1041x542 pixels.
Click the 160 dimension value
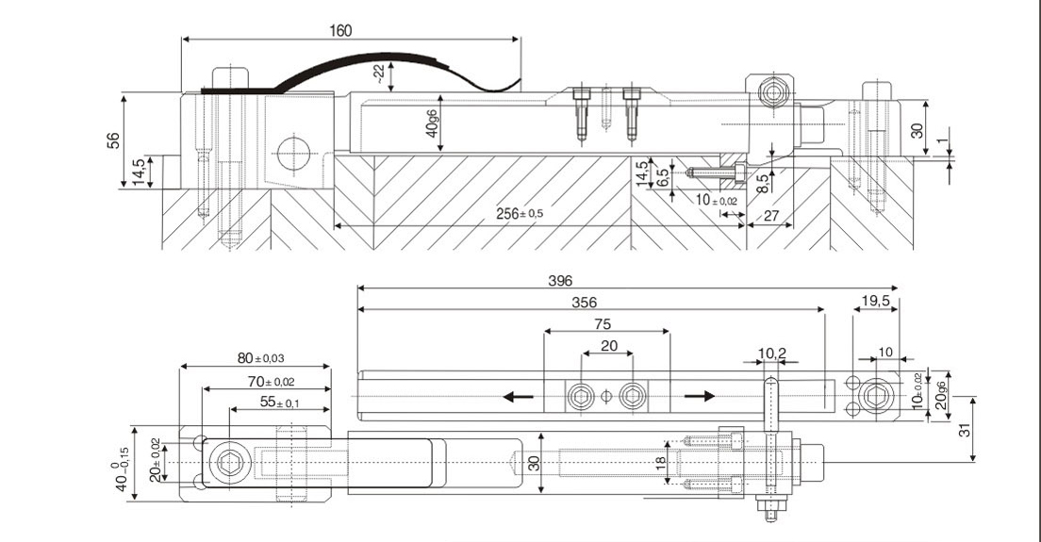pyautogui.click(x=340, y=30)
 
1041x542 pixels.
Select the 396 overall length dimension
pyautogui.click(x=560, y=281)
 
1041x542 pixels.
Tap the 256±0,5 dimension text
pyautogui.click(x=520, y=213)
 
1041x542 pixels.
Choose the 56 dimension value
pyautogui.click(x=114, y=140)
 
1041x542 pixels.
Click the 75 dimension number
pyautogui.click(x=607, y=323)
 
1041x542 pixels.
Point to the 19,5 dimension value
pyautogui.click(x=876, y=302)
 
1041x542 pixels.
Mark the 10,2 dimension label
pyautogui.click(x=771, y=353)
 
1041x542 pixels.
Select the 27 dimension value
pyautogui.click(x=770, y=216)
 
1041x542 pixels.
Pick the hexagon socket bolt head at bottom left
pyautogui.click(x=228, y=463)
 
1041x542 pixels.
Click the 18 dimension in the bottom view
pyautogui.click(x=661, y=462)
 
